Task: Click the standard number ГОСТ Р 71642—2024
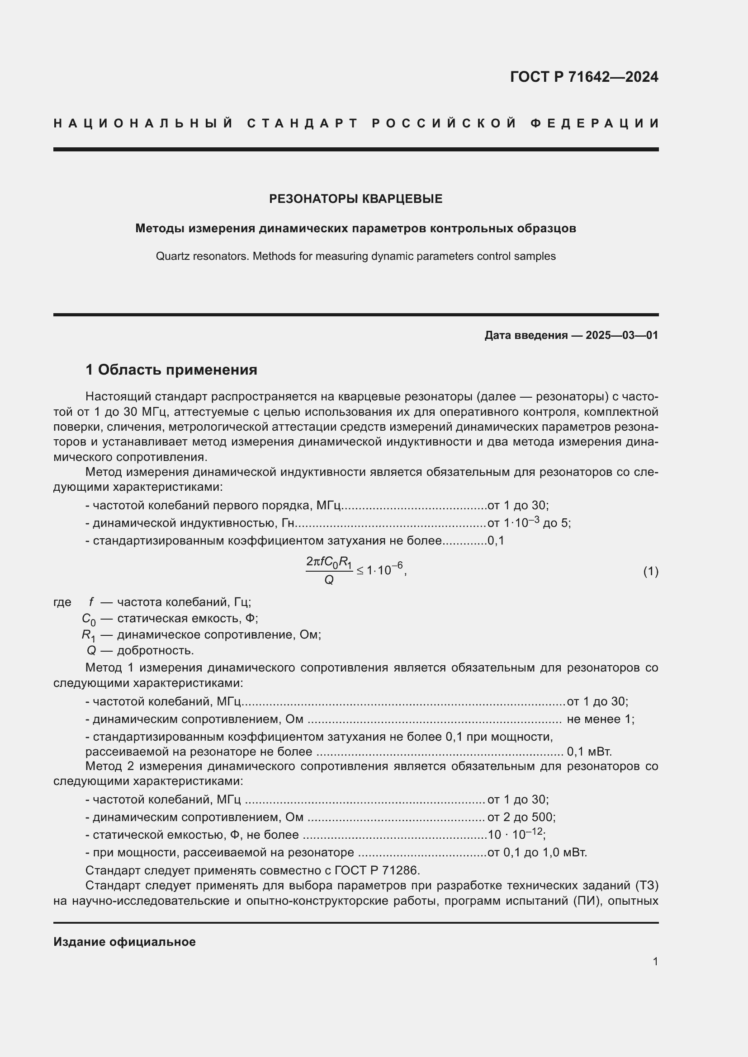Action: [583, 77]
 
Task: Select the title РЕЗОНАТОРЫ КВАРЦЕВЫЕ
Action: [355, 199]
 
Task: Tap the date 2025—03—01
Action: [622, 335]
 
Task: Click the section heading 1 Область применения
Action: [171, 370]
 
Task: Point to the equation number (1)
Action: [650, 572]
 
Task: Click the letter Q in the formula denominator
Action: [328, 581]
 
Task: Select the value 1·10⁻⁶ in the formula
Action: [385, 570]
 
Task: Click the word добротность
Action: [155, 650]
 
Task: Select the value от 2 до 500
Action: [521, 817]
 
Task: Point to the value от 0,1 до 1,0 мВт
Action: [537, 852]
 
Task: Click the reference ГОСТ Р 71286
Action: [377, 870]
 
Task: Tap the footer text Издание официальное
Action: [124, 942]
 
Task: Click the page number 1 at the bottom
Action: [655, 961]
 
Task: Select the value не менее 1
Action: [600, 719]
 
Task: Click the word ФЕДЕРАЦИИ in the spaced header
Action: [595, 123]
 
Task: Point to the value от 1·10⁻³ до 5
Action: [529, 523]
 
